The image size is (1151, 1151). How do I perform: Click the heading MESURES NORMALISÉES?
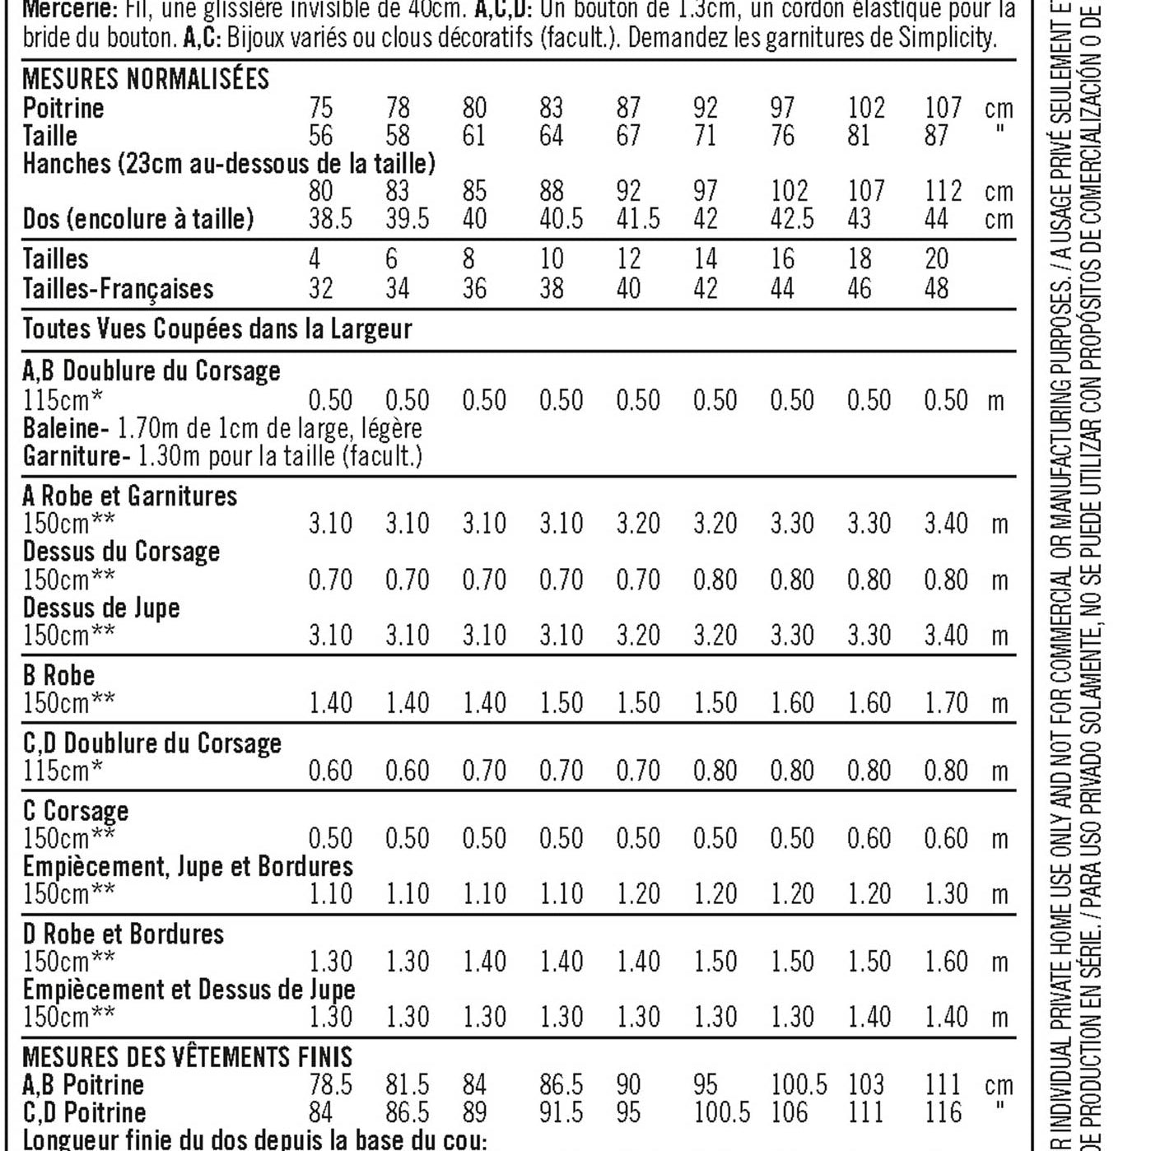146,79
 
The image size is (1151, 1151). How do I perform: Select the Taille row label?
49,136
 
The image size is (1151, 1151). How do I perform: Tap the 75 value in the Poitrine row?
321,108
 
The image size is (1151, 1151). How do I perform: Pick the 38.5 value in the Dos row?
330,219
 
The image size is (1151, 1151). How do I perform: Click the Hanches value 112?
943,191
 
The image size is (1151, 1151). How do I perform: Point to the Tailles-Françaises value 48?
937,288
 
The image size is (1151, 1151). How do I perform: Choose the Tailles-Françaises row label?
118,288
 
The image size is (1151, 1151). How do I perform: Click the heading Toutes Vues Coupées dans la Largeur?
217,329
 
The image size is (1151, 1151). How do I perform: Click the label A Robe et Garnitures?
130,496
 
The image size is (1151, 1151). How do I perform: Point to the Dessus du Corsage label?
121,552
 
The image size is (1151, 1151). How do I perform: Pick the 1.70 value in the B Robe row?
946,703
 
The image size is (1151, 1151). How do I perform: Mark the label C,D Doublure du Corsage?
152,743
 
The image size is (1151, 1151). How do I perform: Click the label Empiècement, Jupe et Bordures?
188,866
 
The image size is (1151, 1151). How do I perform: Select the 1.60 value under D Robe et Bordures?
946,962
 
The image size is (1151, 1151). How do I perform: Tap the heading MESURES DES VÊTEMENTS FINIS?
188,1057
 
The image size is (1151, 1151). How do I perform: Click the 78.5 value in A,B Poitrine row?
330,1085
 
